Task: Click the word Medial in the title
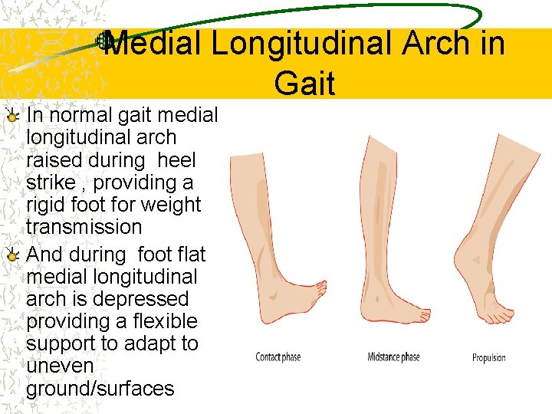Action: click(x=153, y=44)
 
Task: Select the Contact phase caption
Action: click(x=278, y=357)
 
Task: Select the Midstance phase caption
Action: click(x=393, y=357)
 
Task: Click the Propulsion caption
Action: click(x=488, y=357)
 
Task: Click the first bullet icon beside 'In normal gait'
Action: click(x=11, y=117)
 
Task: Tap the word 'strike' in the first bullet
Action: click(x=49, y=183)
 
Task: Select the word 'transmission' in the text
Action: click(x=84, y=227)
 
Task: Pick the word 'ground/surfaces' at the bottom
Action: click(x=100, y=389)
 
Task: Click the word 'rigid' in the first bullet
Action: click(x=47, y=205)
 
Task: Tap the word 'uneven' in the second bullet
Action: click(x=60, y=366)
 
